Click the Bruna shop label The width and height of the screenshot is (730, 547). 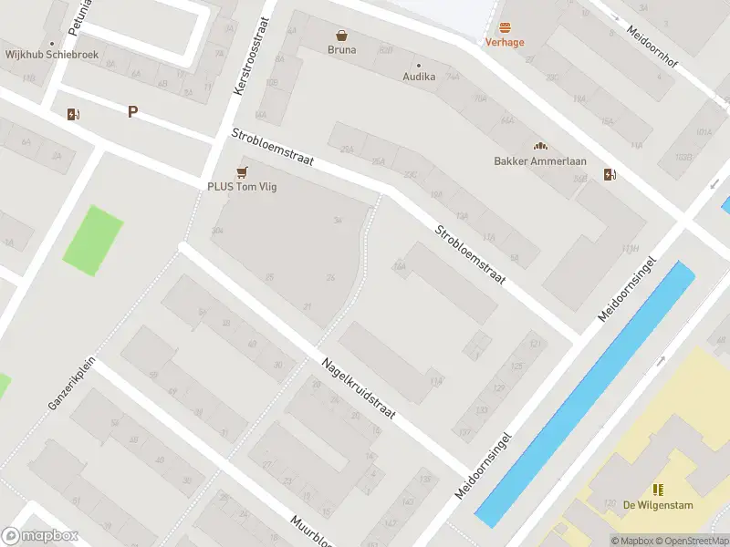click(342, 50)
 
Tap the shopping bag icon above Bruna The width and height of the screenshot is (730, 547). click(342, 36)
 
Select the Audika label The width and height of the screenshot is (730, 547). click(419, 77)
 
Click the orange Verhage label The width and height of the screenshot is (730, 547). click(504, 42)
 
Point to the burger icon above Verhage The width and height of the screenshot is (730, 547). click(505, 27)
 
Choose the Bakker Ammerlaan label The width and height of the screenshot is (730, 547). click(539, 161)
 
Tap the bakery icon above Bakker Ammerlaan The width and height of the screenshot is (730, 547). click(539, 146)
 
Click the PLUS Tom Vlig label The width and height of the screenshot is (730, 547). click(242, 187)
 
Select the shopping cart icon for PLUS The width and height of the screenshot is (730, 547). click(243, 171)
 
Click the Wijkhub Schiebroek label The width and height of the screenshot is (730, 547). click(52, 55)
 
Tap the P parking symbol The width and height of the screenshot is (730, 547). click(132, 112)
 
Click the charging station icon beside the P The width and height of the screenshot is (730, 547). click(73, 114)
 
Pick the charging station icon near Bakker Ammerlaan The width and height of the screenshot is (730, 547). click(610, 174)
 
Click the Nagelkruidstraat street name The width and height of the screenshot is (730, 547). click(358, 387)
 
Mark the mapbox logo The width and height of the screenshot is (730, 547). click(40, 536)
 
